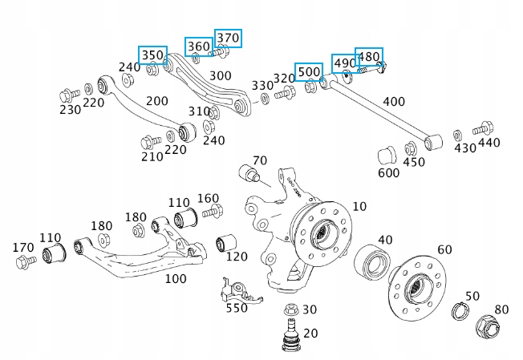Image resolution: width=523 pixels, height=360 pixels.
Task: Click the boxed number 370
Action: [228, 38]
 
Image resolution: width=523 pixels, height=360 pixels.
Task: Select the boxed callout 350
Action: [152, 55]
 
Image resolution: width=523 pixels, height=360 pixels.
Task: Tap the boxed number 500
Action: [309, 71]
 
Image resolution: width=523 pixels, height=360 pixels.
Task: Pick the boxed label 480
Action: [369, 57]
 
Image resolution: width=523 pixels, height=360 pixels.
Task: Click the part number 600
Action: [388, 172]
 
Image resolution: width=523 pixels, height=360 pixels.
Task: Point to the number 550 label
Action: [237, 307]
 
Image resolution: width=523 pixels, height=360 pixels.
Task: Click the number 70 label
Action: [260, 160]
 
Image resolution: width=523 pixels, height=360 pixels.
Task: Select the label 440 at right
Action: [488, 143]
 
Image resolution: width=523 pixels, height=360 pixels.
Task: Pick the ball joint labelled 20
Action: [290, 336]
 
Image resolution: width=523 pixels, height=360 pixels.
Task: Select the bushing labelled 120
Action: [228, 241]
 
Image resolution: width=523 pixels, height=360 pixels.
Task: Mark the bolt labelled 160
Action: [210, 212]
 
